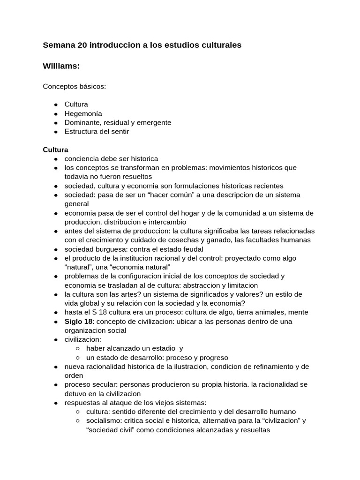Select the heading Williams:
coord(61,67)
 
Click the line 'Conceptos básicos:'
coord(75,87)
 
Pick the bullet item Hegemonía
coord(83,113)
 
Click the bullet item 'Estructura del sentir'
coord(97,131)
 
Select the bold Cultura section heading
coord(55,150)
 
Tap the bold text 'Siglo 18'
coord(78,321)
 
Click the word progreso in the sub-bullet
coord(212,357)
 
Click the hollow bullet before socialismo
coord(77,420)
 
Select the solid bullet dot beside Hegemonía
coord(56,114)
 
